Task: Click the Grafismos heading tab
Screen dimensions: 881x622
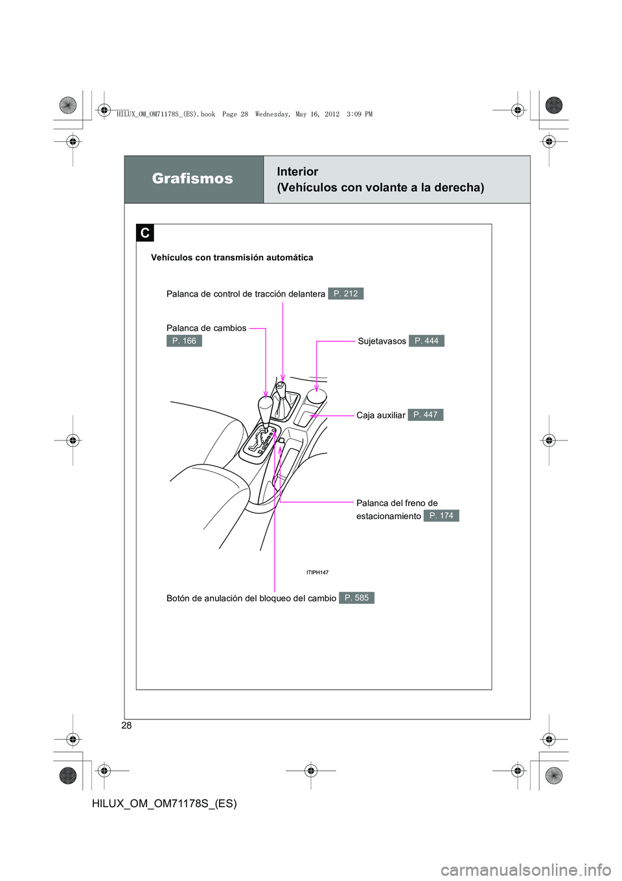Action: click(x=193, y=179)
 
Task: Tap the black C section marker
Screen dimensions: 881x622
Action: click(x=144, y=233)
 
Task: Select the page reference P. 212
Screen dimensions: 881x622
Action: click(x=345, y=294)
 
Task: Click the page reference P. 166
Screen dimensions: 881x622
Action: click(x=184, y=341)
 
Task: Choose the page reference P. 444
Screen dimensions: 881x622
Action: click(x=426, y=341)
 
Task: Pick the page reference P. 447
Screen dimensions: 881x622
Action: click(x=425, y=415)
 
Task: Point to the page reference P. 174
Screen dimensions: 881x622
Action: click(x=441, y=516)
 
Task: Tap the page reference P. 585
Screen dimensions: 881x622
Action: click(x=356, y=598)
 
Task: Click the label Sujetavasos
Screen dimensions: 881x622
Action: click(x=382, y=341)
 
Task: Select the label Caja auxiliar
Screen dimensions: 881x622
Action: click(x=380, y=415)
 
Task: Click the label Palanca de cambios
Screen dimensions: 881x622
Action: click(x=206, y=328)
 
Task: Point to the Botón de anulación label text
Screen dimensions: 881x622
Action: click(x=251, y=598)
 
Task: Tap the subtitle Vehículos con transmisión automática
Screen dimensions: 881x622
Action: click(x=232, y=258)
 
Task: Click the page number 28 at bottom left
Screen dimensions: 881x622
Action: click(x=126, y=725)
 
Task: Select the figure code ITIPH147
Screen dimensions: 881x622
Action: click(x=317, y=573)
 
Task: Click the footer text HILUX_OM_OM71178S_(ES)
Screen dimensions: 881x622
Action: click(x=165, y=803)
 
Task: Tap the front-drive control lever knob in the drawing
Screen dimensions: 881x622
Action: click(x=281, y=387)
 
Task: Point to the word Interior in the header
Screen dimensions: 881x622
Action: click(x=297, y=172)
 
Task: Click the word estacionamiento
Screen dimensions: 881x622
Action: click(x=388, y=516)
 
